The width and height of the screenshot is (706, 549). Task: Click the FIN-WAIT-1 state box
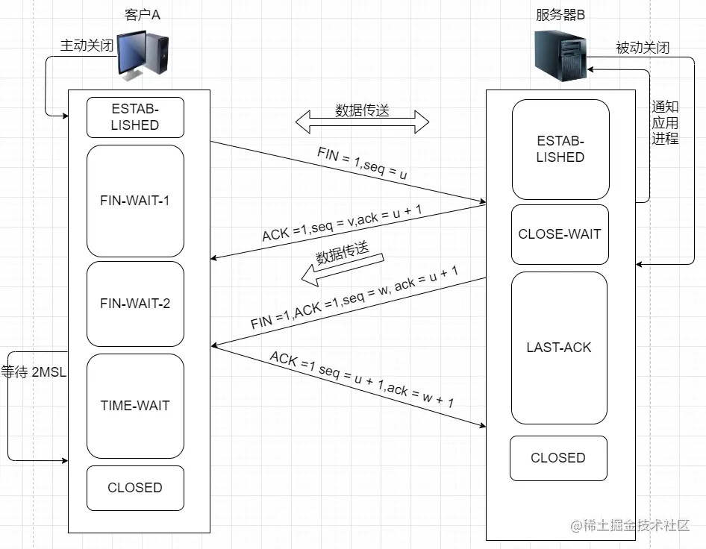pyautogui.click(x=135, y=201)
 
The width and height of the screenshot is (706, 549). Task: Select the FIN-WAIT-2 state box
pyautogui.click(x=135, y=304)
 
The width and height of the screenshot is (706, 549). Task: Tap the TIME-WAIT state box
pyautogui.click(x=135, y=406)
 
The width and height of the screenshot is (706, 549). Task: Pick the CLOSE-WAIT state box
pyautogui.click(x=559, y=234)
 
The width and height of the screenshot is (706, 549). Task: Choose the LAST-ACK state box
pyautogui.click(x=559, y=348)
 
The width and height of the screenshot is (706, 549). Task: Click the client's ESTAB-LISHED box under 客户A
pyautogui.click(x=135, y=117)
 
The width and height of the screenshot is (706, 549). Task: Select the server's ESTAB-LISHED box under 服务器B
pyautogui.click(x=560, y=149)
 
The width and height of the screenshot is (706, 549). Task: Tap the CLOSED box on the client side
pyautogui.click(x=135, y=488)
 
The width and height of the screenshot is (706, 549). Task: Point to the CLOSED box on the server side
pyautogui.click(x=558, y=458)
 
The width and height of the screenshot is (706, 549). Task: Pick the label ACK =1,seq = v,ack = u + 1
pyautogui.click(x=342, y=222)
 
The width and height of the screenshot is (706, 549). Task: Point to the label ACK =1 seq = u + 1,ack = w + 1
pyautogui.click(x=362, y=379)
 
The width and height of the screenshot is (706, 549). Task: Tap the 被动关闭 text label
pyautogui.click(x=643, y=47)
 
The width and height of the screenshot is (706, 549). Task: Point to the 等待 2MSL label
pyautogui.click(x=34, y=372)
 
